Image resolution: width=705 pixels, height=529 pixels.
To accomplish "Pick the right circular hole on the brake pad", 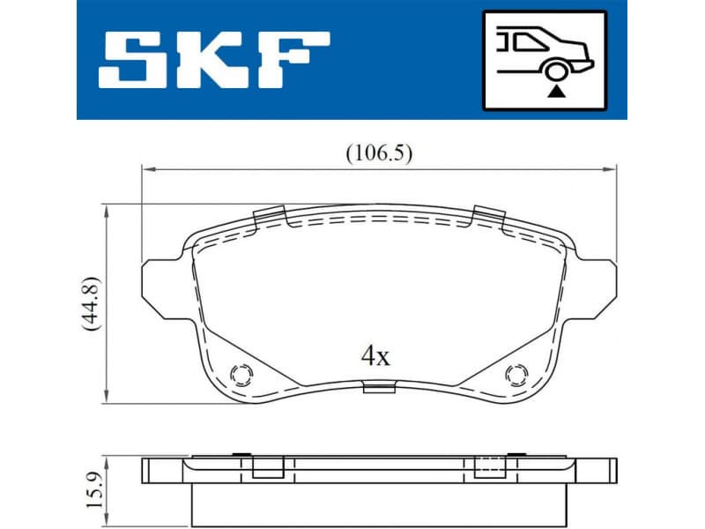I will pyautogui.click(x=514, y=376).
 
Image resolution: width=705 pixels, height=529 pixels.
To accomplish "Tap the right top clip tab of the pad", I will pyautogui.click(x=486, y=213).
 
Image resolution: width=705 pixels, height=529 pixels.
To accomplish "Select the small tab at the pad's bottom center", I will pyautogui.click(x=377, y=386).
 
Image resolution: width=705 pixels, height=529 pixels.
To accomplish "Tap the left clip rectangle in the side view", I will pyautogui.click(x=266, y=467).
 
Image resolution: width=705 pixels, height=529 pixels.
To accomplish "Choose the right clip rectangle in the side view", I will pyautogui.click(x=487, y=467).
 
